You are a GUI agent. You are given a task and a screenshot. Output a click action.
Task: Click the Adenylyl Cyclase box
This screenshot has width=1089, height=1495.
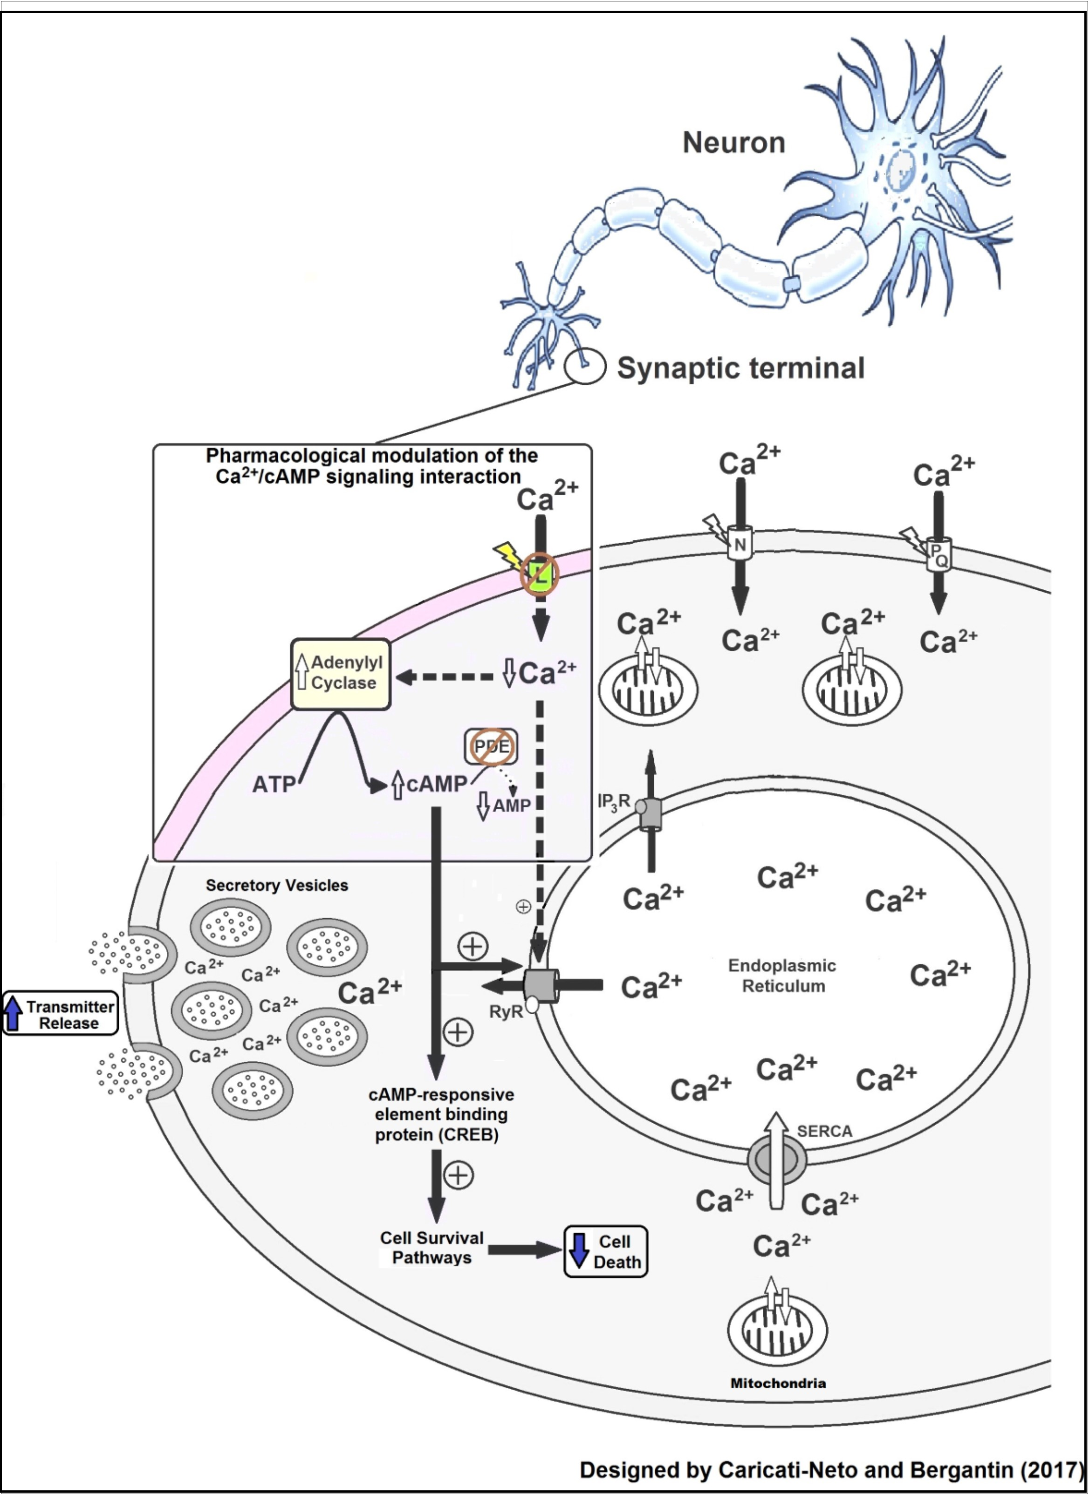tap(341, 674)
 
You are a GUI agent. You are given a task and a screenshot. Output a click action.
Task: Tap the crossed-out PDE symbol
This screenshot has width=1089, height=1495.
tap(492, 747)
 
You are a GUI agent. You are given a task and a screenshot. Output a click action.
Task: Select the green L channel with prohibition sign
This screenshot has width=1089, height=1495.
tap(540, 573)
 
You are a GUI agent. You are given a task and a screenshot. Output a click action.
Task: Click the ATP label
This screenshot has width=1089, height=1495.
tap(274, 785)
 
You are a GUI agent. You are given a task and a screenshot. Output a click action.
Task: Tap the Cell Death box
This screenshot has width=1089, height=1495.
tap(606, 1251)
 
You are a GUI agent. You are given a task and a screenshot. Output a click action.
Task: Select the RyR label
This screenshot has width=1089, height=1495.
tap(506, 1012)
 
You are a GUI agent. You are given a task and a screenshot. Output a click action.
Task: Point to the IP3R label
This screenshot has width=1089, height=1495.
tap(613, 802)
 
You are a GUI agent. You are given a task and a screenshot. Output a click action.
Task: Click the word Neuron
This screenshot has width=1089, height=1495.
tap(734, 143)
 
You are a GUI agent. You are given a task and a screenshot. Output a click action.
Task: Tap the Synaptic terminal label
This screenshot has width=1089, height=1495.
tap(740, 368)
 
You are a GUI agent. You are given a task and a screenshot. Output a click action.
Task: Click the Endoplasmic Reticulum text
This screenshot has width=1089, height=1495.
tap(782, 976)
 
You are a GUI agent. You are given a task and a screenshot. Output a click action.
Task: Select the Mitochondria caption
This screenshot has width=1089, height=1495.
tap(778, 1383)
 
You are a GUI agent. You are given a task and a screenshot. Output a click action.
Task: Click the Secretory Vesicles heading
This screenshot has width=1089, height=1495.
tap(277, 885)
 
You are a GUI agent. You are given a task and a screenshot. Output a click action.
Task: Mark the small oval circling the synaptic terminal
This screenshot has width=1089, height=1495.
tap(585, 365)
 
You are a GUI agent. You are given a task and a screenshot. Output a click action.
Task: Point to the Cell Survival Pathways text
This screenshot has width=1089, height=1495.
tap(432, 1248)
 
